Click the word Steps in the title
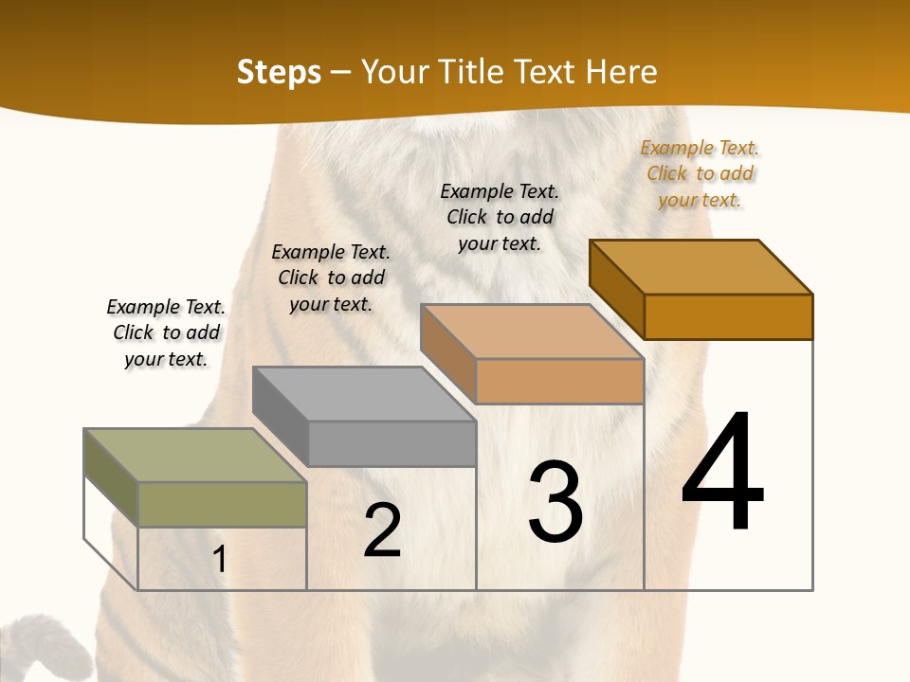pyautogui.click(x=279, y=72)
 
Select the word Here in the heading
pyautogui.click(x=621, y=72)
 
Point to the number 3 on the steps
pyautogui.click(x=555, y=501)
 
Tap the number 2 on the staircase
pyautogui.click(x=382, y=530)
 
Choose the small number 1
pyautogui.click(x=220, y=559)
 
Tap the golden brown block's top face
pyautogui.click(x=701, y=267)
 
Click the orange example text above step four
pyautogui.click(x=701, y=173)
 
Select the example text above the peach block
pyautogui.click(x=500, y=217)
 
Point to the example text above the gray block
pyautogui.click(x=331, y=278)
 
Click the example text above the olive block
pyautogui.click(x=166, y=332)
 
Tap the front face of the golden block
pyautogui.click(x=728, y=316)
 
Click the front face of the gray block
pyautogui.click(x=391, y=443)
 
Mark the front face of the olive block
pyautogui.click(x=222, y=504)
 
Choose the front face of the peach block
pyautogui.click(x=559, y=381)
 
